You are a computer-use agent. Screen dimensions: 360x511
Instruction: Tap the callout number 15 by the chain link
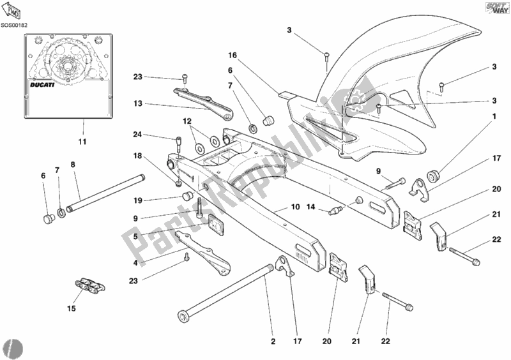click(72, 308)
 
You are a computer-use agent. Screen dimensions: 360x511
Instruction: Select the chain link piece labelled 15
click(86, 285)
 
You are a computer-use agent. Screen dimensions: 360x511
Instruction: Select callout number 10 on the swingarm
click(295, 207)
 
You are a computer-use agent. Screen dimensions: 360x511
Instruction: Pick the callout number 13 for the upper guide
click(137, 102)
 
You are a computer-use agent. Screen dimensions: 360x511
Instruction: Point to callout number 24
click(138, 135)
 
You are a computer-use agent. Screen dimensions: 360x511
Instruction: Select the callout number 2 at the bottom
click(273, 341)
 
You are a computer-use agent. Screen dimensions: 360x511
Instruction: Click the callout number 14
click(312, 207)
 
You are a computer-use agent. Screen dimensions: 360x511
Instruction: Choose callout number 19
click(137, 200)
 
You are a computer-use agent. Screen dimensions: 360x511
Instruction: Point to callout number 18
click(137, 155)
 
